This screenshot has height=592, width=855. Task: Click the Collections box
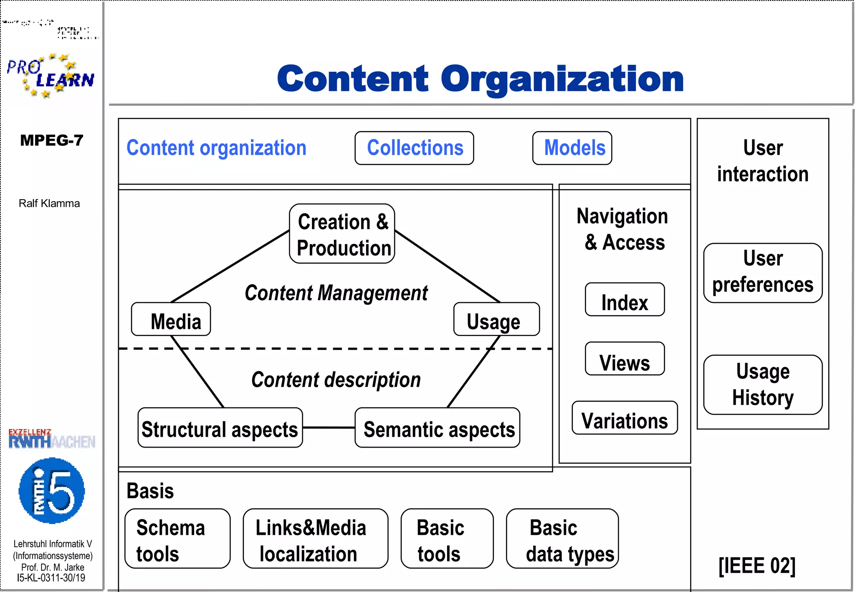414,148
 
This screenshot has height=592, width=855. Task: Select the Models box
572,148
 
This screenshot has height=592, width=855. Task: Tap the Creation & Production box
342,234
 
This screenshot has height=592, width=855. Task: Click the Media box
171,319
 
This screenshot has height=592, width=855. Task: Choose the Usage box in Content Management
496,319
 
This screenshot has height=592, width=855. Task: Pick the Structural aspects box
220,428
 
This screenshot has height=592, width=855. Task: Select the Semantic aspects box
437,428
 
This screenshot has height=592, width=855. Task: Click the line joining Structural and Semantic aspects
329,428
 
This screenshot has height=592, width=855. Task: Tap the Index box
625,300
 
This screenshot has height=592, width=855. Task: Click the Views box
625,359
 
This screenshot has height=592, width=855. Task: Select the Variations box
625,418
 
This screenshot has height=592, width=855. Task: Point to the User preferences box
763,273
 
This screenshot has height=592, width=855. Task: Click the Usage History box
763,385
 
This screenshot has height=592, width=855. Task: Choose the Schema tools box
177,539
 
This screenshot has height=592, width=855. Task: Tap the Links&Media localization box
315,539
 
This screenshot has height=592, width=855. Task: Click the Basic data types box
562,539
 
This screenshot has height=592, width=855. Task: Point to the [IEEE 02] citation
757,566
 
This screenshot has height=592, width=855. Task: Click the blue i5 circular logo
52,491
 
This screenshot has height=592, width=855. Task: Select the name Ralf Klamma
49,203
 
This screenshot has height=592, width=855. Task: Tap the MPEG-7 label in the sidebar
52,140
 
